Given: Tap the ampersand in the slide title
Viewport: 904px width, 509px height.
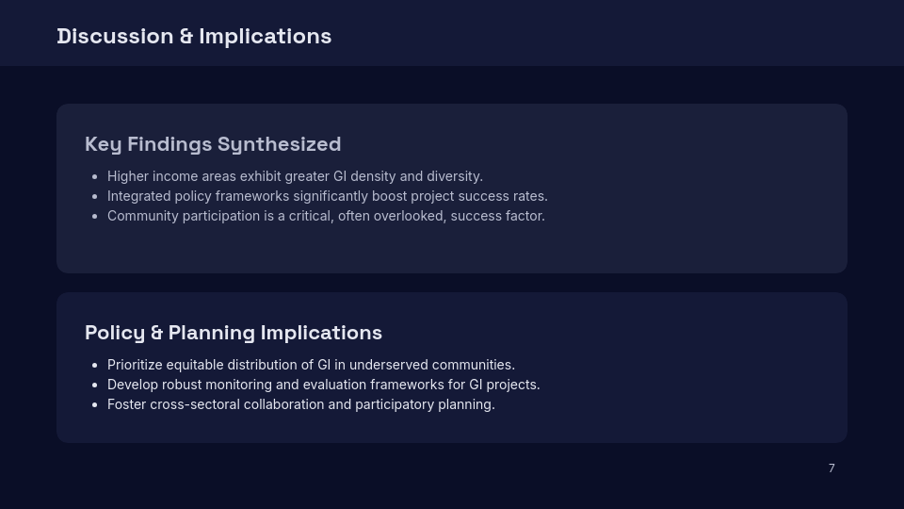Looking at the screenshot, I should pos(186,36).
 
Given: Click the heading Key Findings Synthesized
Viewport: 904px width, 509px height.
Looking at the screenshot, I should pos(213,144).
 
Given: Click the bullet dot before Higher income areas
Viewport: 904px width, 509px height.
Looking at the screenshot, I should pos(95,176).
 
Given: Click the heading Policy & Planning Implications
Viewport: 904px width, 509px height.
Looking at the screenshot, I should pos(234,333).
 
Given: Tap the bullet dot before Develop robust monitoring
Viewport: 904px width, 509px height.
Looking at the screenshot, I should pos(95,385).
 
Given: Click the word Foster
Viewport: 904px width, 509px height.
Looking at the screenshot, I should pos(126,404).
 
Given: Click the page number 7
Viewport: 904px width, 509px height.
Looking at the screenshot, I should pos(831,468).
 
